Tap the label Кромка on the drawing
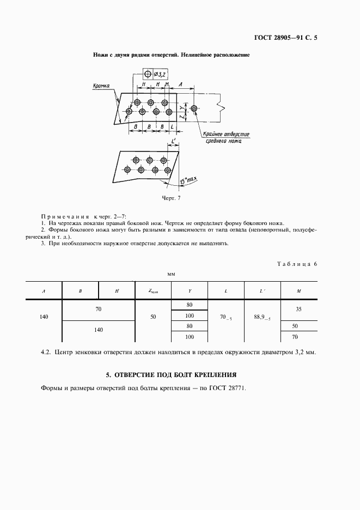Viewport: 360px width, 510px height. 101,86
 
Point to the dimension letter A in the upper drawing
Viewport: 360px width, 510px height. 180,84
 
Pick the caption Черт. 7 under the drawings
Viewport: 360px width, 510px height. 171,198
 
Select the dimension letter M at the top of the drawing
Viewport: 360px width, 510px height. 167,84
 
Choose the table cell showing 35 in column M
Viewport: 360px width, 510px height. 298,309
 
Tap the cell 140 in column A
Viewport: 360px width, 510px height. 44,317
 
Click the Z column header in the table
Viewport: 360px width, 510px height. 153,292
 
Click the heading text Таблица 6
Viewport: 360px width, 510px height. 297,264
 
